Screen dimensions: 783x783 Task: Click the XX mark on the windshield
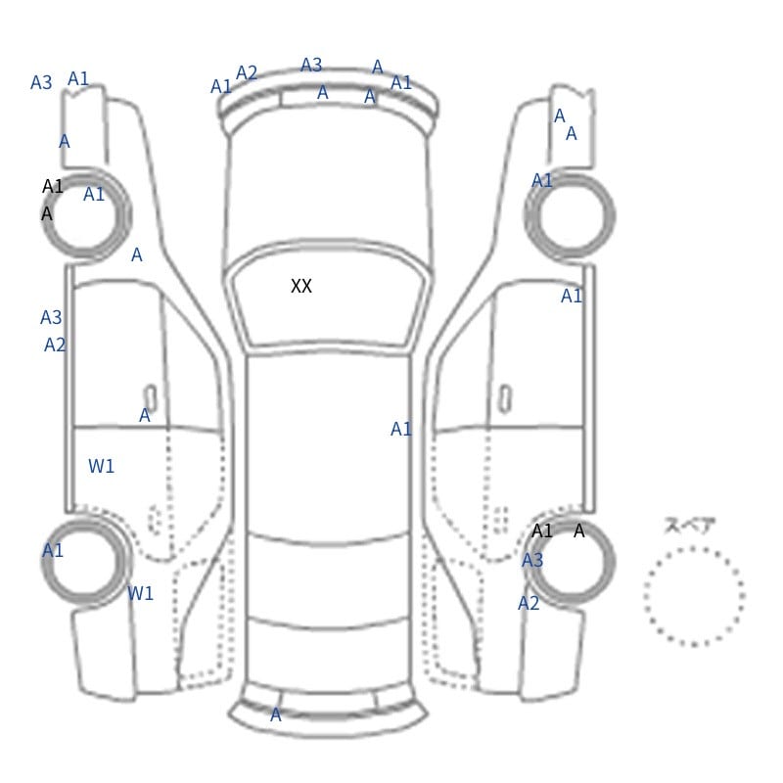(x=301, y=286)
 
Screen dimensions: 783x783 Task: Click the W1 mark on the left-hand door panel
(x=101, y=467)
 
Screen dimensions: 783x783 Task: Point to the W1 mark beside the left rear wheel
(x=140, y=593)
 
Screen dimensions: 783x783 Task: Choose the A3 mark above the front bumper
(x=311, y=65)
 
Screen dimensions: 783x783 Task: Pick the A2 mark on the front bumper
(x=247, y=72)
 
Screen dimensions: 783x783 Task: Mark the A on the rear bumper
(x=276, y=715)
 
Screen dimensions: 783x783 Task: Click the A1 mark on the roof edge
(x=401, y=429)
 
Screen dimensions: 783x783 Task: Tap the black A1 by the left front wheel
(x=53, y=186)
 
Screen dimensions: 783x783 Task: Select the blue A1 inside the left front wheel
(x=94, y=194)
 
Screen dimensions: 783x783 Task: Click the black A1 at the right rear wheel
(x=542, y=530)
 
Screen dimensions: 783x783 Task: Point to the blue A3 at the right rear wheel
(x=531, y=560)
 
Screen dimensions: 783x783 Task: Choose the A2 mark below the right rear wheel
(x=529, y=603)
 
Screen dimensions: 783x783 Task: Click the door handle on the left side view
(x=150, y=397)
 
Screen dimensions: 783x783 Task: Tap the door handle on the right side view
(x=505, y=399)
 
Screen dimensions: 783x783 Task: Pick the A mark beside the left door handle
(x=144, y=415)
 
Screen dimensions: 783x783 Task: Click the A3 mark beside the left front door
(x=51, y=317)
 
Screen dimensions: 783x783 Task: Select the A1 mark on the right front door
(x=572, y=297)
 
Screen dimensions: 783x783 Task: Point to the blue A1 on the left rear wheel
(x=53, y=550)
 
